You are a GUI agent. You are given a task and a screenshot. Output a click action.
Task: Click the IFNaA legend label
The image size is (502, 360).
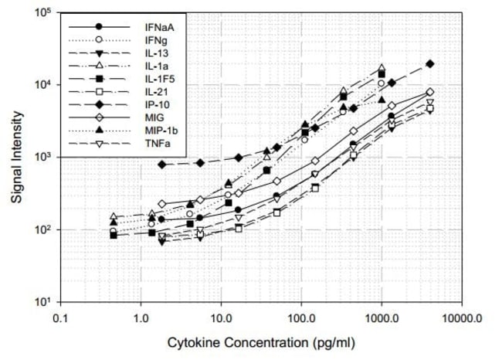pos(158,27)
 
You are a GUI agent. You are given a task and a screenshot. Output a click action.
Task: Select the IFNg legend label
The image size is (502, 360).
pos(156,40)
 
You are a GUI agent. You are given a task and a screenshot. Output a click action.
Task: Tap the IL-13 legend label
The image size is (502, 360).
pos(155,53)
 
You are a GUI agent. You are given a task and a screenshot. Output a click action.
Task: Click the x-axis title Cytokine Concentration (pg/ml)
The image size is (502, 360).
pos(263,341)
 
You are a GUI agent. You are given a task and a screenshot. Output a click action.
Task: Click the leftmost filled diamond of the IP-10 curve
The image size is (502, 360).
pos(161,165)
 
